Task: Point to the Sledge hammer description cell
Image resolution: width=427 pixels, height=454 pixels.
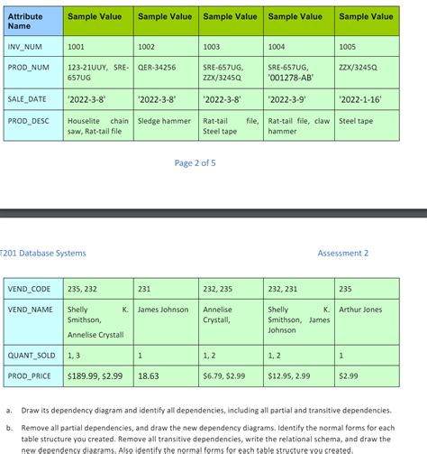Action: pos(164,120)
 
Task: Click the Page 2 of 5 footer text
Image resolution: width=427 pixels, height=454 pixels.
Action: pos(195,163)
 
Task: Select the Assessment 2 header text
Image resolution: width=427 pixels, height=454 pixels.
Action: pos(343,254)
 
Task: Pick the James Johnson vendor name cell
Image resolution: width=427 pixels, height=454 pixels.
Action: pos(163,310)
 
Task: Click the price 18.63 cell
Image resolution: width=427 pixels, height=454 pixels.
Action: pos(149,375)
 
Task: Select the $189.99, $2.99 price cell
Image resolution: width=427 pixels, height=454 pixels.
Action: pos(95,375)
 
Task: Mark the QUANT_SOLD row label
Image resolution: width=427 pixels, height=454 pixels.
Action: pos(32,355)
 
